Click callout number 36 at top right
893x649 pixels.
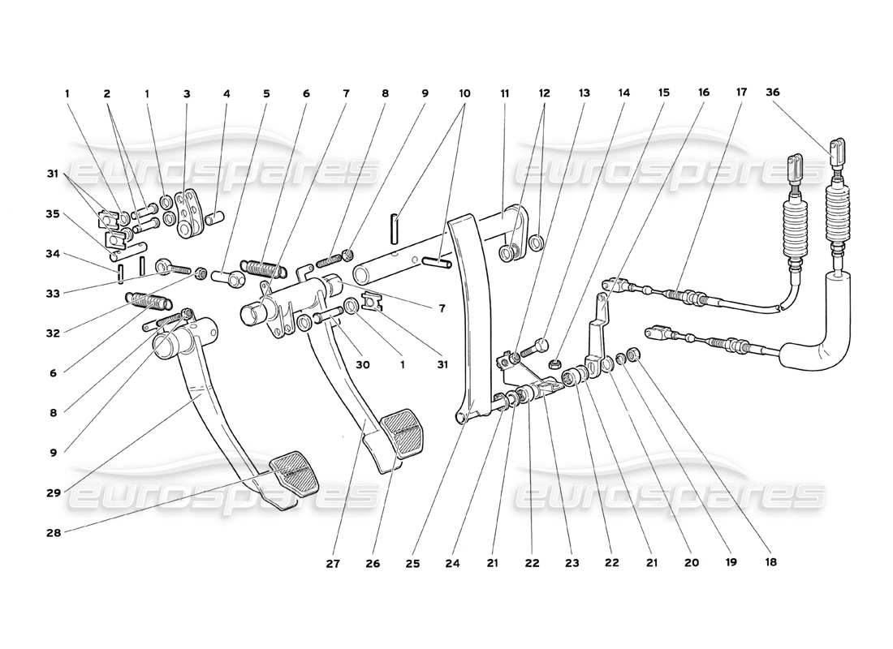[772, 93]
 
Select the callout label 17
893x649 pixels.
[741, 93]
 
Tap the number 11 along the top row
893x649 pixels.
[504, 93]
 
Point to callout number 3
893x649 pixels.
[187, 93]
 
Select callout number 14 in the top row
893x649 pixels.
[623, 93]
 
